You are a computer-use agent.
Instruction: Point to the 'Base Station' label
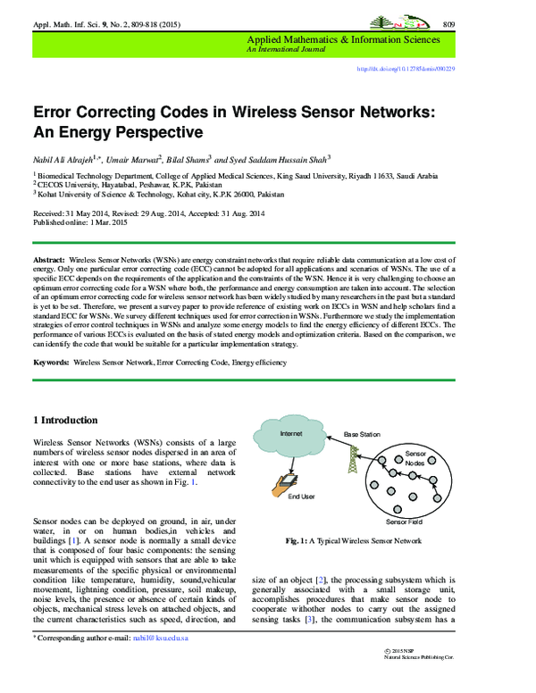pyautogui.click(x=362, y=434)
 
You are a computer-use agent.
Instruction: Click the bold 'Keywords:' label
pyautogui.click(x=51, y=364)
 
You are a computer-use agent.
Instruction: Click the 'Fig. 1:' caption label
pyautogui.click(x=298, y=541)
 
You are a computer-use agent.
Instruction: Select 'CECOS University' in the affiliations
pyautogui.click(x=70, y=184)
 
